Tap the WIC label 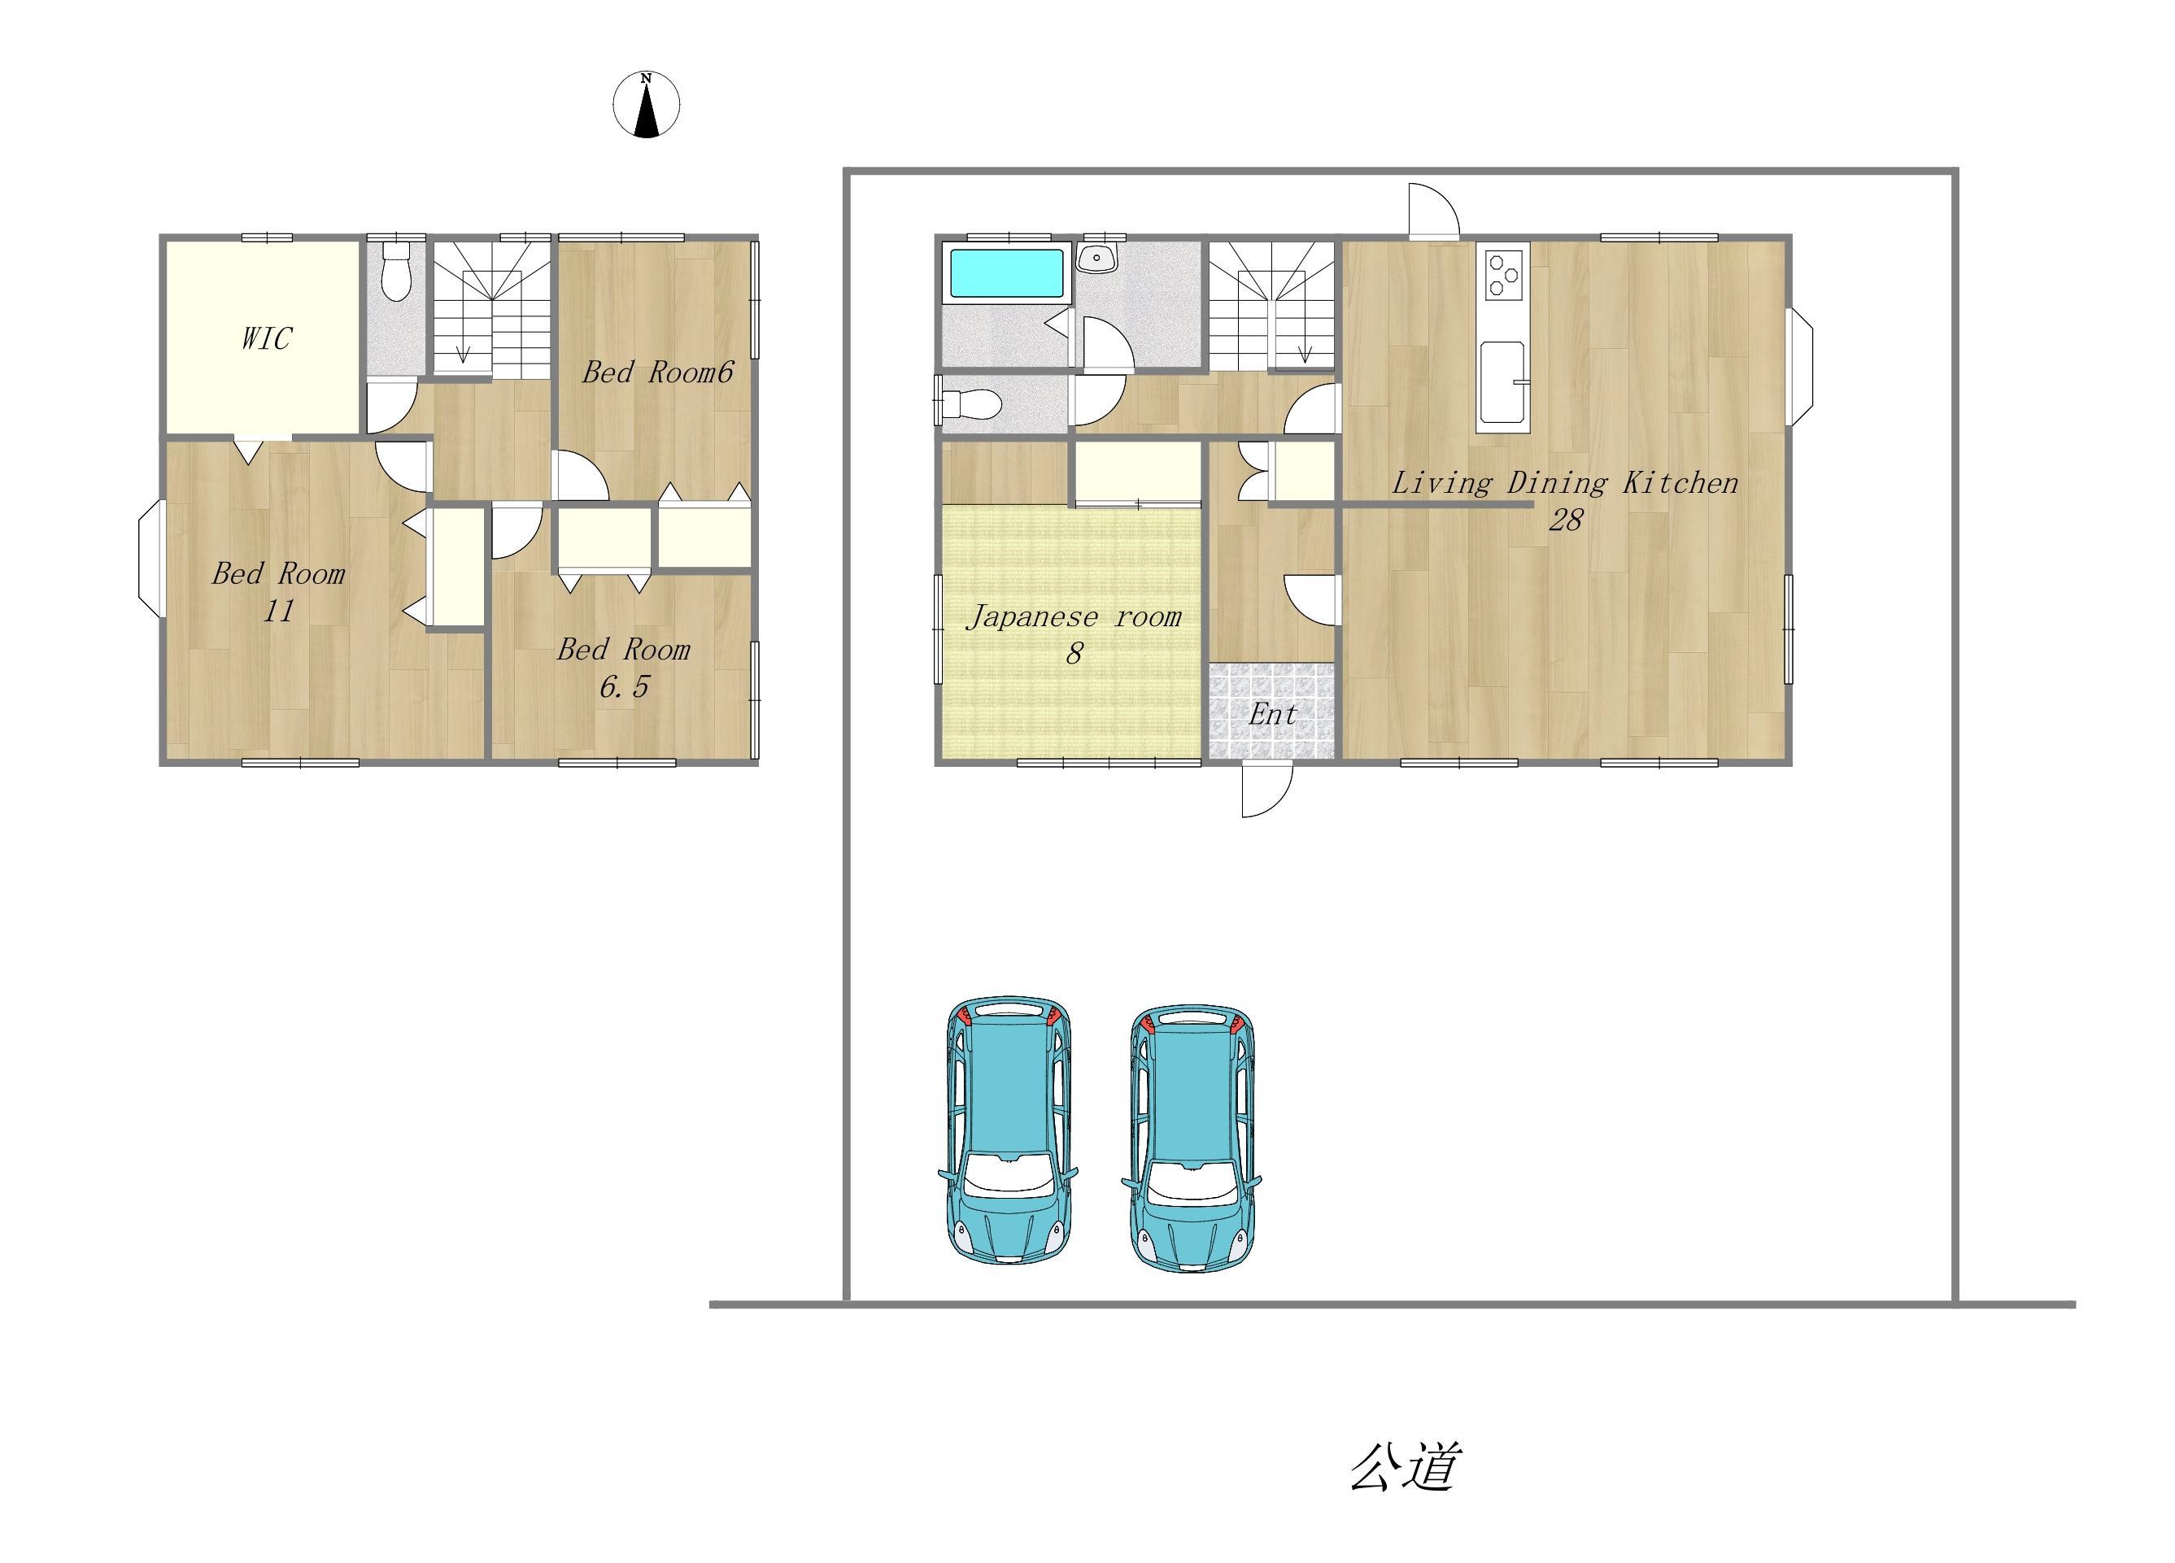coord(266,338)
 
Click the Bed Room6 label coord(658,372)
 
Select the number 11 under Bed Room coord(279,611)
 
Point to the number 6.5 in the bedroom coord(625,686)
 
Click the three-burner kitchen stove coord(1503,274)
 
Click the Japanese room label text coord(1074,616)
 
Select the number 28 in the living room coord(1565,520)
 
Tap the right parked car coord(1191,1139)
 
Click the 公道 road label coord(1405,1466)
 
